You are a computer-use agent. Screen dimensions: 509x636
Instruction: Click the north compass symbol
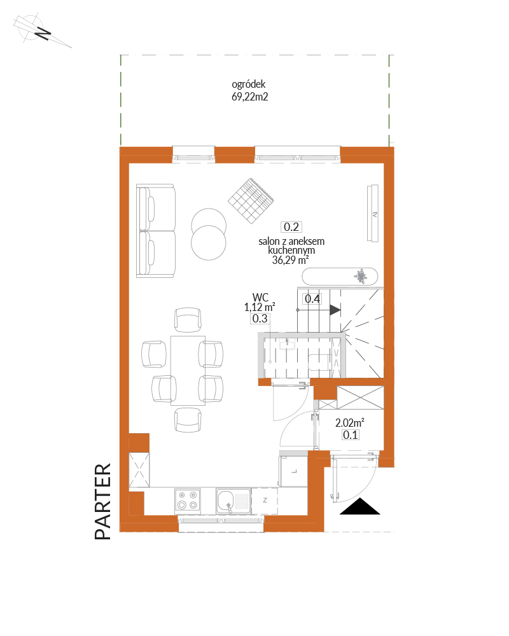tap(41, 31)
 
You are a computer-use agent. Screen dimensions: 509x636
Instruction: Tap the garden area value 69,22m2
tap(249, 97)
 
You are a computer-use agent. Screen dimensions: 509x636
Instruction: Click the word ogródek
tap(248, 85)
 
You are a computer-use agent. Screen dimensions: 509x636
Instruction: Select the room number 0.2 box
tap(291, 227)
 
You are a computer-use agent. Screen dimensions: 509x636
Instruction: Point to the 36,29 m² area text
tap(290, 260)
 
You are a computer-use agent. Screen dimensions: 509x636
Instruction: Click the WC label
tap(260, 297)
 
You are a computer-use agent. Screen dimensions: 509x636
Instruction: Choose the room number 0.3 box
tap(260, 319)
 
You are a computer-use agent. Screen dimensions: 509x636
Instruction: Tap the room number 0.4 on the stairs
tap(312, 299)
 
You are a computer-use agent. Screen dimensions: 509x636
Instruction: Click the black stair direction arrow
tap(335, 310)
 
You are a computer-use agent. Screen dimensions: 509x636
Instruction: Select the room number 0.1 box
tap(351, 435)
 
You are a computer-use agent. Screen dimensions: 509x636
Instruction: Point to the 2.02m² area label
tap(349, 423)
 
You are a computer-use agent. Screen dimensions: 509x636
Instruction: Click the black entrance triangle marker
tap(359, 507)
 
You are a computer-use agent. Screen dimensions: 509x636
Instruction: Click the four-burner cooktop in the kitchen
tap(188, 500)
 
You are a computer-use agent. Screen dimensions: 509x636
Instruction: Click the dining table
tap(188, 370)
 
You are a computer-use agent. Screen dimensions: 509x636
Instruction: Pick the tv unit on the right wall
tap(373, 213)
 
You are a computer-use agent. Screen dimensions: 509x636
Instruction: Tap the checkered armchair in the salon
tap(251, 200)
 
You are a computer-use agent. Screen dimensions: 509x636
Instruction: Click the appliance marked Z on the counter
tap(265, 501)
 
